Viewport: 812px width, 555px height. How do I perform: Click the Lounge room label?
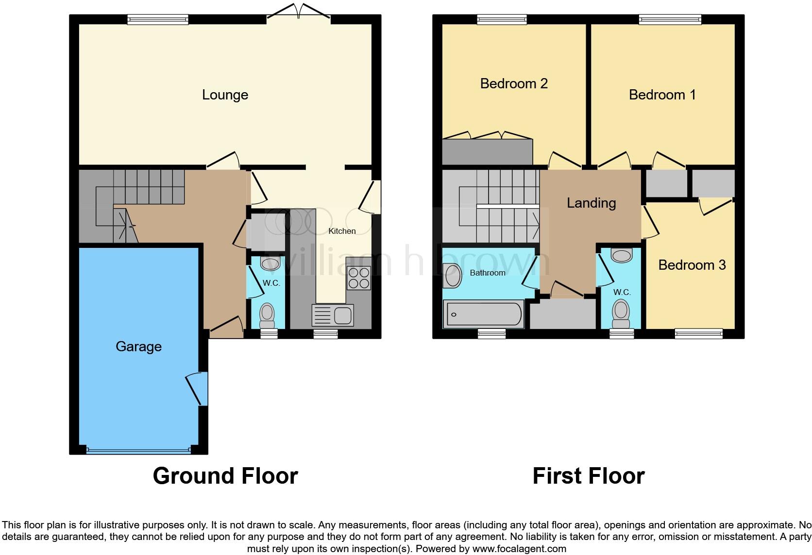click(x=225, y=95)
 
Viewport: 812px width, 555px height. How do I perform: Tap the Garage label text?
click(x=138, y=346)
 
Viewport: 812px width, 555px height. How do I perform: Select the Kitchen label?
click(x=342, y=231)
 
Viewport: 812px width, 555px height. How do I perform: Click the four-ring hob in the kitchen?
click(x=358, y=278)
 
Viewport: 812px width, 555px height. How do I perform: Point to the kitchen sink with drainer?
click(x=333, y=315)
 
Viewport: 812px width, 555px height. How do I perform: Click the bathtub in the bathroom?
click(x=483, y=314)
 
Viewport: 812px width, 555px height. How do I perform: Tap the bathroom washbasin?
click(x=453, y=276)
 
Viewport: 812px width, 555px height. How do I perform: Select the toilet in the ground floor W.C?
click(x=267, y=315)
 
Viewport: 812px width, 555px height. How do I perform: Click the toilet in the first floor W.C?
click(x=621, y=314)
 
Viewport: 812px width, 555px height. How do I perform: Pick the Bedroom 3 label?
click(x=692, y=265)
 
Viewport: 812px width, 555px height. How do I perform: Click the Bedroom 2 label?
click(x=514, y=83)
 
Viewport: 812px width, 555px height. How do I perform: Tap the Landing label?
click(x=591, y=203)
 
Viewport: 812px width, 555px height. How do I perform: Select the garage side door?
click(x=201, y=388)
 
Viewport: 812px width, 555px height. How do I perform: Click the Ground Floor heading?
click(x=225, y=476)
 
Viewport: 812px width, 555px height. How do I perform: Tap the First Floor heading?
click(x=589, y=476)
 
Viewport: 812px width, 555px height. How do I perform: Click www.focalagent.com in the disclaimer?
click(x=519, y=549)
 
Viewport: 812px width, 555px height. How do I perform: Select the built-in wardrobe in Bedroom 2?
click(x=487, y=152)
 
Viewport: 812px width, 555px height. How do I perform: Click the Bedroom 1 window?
click(x=670, y=20)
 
